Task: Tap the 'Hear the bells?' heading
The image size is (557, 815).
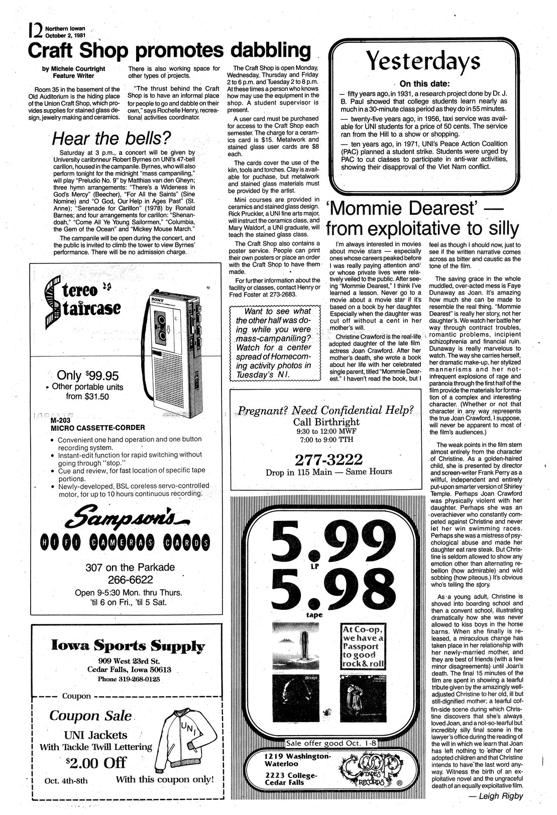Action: coord(112,138)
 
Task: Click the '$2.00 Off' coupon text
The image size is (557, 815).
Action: coord(96,763)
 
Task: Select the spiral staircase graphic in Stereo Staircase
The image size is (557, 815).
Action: coord(53,302)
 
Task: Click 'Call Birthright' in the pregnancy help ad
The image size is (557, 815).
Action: coord(326,421)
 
